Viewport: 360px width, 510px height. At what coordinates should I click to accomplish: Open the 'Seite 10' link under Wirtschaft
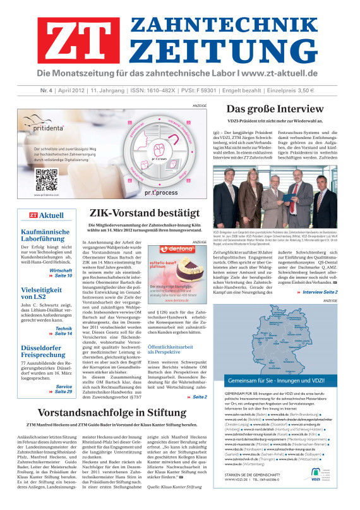(x=63, y=258)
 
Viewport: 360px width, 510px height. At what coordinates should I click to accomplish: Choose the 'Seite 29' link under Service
(x=63, y=392)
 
